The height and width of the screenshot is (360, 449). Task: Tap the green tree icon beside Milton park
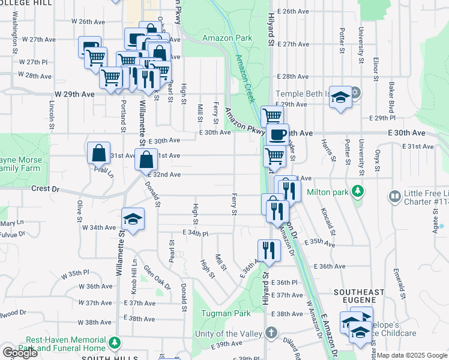click(x=358, y=191)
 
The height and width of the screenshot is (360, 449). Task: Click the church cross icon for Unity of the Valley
click(x=271, y=332)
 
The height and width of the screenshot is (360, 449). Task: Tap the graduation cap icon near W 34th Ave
click(x=133, y=218)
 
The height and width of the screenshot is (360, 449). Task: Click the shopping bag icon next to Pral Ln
click(x=98, y=152)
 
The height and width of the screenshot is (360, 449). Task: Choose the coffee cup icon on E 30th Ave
click(x=277, y=134)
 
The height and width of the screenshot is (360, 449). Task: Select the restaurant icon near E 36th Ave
click(x=268, y=250)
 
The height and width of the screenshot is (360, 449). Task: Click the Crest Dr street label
click(x=47, y=188)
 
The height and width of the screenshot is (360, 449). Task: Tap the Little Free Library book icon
click(x=395, y=196)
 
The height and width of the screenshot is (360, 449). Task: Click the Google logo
click(x=19, y=353)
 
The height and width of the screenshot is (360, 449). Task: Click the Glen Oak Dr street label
click(x=157, y=278)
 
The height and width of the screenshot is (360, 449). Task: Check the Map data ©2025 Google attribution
click(x=412, y=355)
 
